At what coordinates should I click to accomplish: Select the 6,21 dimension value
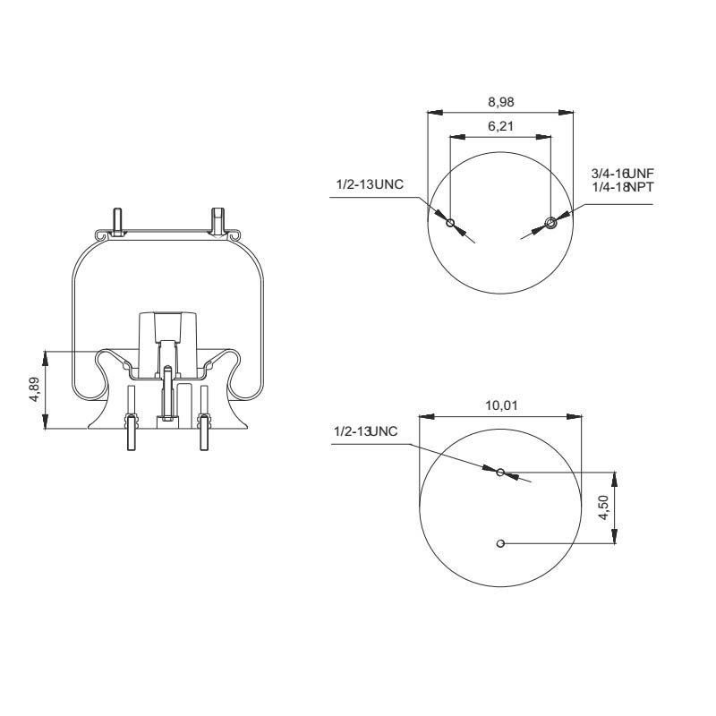click(500, 127)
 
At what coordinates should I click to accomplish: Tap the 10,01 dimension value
click(500, 405)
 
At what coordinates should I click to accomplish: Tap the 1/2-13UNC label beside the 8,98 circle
click(369, 184)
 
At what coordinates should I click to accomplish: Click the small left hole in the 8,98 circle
click(450, 223)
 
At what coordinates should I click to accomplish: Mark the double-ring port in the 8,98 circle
click(550, 223)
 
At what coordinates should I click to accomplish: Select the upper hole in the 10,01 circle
click(501, 472)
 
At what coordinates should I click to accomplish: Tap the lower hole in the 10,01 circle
click(501, 542)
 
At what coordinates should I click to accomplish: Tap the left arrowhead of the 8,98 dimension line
click(434, 113)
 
